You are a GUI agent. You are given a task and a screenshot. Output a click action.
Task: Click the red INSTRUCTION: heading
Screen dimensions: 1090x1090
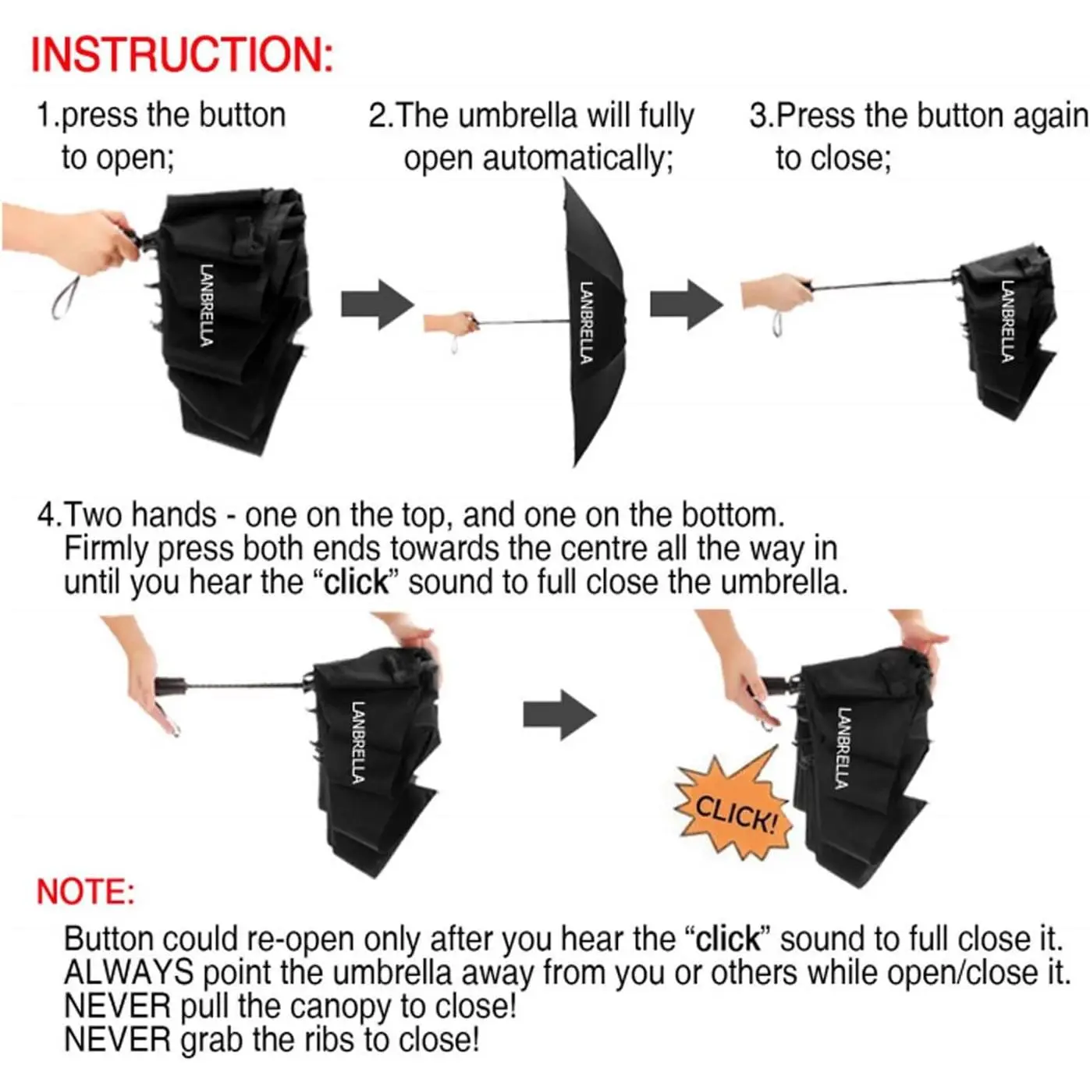[x=182, y=55]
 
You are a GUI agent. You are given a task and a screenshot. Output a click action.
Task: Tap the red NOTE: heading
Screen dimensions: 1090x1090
[x=86, y=892]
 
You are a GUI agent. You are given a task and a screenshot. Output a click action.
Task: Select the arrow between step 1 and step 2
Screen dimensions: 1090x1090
[x=378, y=304]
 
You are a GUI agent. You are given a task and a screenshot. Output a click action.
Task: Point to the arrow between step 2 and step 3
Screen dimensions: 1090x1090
[x=686, y=304]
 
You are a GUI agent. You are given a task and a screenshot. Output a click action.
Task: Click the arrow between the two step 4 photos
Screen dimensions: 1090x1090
[x=559, y=715]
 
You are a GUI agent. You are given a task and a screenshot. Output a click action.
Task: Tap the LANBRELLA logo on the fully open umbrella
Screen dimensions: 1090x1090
[x=587, y=322]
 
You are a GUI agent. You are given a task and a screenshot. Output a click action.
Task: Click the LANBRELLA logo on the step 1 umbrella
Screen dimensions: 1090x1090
[x=207, y=305]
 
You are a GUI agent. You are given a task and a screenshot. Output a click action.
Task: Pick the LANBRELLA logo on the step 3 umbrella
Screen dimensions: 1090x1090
[x=1007, y=321]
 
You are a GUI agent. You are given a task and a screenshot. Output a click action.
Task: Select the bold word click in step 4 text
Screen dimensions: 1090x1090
[x=357, y=582]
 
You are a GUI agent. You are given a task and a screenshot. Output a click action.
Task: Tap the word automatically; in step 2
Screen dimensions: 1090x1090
[x=577, y=158]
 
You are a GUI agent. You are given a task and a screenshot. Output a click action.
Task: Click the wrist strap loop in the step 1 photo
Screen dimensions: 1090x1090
[x=66, y=297]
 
